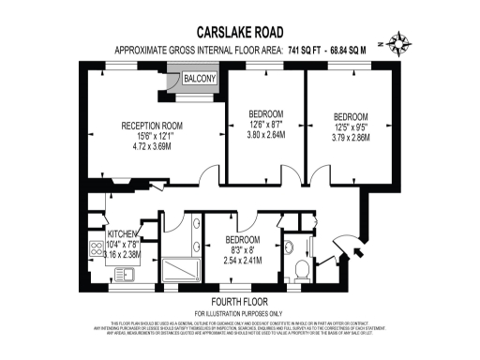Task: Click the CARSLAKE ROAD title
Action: (x=239, y=31)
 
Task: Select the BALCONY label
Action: (x=199, y=78)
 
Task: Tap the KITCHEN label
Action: (x=123, y=234)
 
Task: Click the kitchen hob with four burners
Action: (x=96, y=249)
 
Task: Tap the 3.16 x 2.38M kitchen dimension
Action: (x=123, y=254)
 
